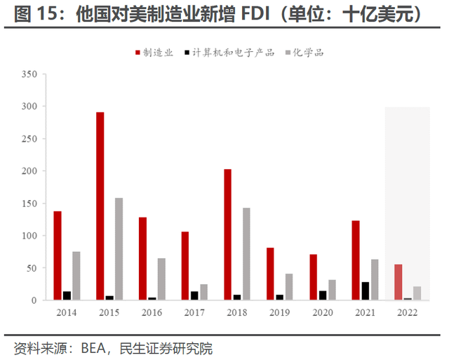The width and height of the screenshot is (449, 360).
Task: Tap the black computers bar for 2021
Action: coord(366,291)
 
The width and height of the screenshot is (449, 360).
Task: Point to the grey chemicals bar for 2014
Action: coord(76,276)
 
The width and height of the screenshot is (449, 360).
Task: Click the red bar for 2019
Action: coord(270,274)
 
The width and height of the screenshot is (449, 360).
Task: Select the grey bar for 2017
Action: coord(203,292)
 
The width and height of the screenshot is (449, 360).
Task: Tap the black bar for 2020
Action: coord(323,295)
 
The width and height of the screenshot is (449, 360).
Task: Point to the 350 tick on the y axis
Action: coord(29,74)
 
